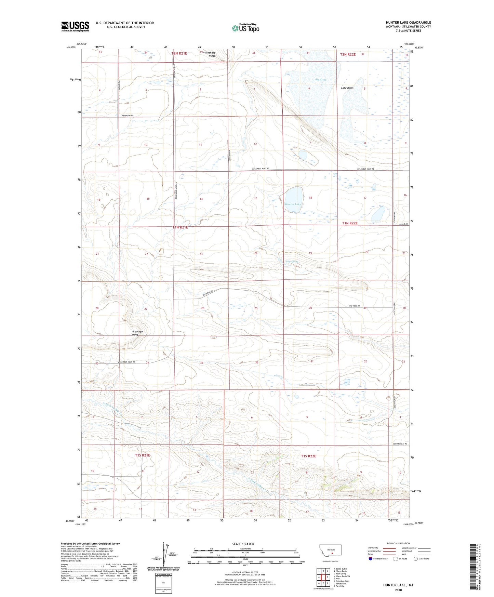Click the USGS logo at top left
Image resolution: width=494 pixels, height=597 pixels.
pos(75,26)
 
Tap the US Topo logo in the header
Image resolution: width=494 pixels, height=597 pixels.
pos(245,28)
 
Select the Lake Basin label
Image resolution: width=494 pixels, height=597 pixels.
pos(347,88)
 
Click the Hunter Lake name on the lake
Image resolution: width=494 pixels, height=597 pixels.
pos(293,204)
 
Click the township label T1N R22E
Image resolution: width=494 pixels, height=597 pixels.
pos(350,223)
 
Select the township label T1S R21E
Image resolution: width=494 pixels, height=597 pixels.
pos(143,455)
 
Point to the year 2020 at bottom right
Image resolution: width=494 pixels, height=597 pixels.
pos(398,590)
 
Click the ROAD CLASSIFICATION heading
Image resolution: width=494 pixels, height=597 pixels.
pos(398,543)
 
